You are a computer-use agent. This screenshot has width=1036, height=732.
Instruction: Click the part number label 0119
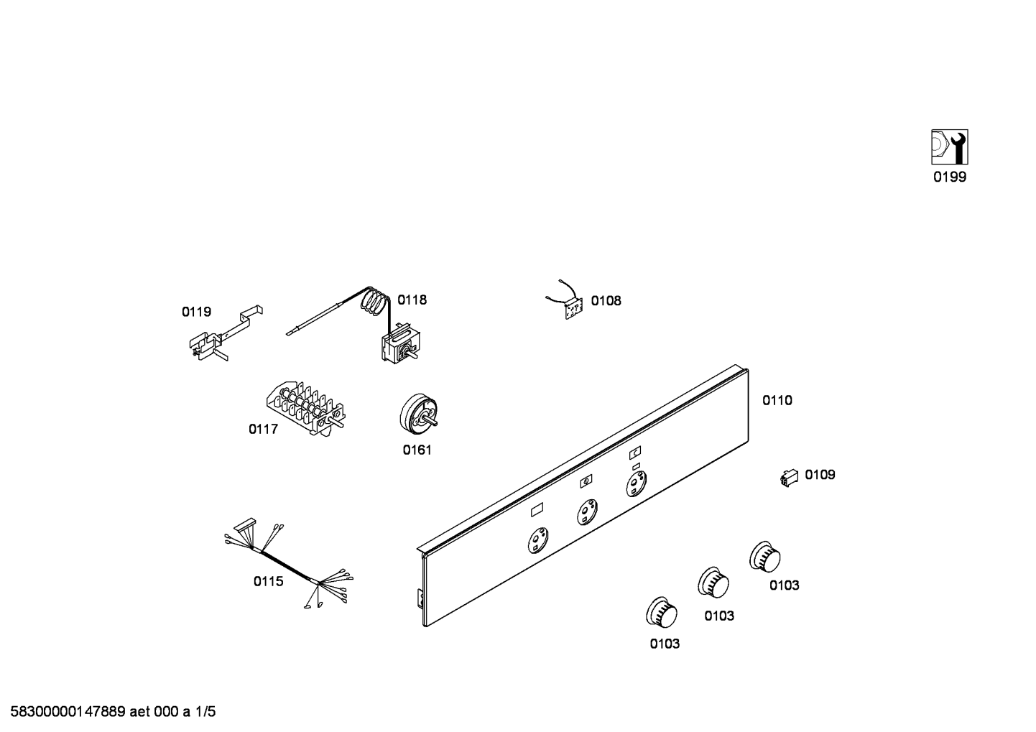196,312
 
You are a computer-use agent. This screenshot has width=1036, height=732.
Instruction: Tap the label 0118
412,300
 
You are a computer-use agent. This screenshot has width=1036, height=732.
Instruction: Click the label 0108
606,300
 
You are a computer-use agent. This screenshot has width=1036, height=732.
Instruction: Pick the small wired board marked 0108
571,307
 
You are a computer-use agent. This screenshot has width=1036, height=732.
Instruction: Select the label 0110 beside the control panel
777,400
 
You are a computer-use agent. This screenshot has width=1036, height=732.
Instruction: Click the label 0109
820,475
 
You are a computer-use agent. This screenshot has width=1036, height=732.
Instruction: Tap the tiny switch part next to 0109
789,476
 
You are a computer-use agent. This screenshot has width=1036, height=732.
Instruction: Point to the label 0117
263,430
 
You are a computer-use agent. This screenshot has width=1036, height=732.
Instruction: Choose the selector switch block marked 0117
306,407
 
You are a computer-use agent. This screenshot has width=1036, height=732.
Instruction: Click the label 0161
417,450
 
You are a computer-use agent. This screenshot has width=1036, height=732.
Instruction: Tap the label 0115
268,581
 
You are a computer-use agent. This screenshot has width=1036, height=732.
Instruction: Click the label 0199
950,177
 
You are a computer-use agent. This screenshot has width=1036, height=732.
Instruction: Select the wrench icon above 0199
949,147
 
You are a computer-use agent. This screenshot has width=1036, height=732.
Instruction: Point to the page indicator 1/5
205,713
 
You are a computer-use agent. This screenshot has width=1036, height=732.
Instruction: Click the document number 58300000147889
64,713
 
